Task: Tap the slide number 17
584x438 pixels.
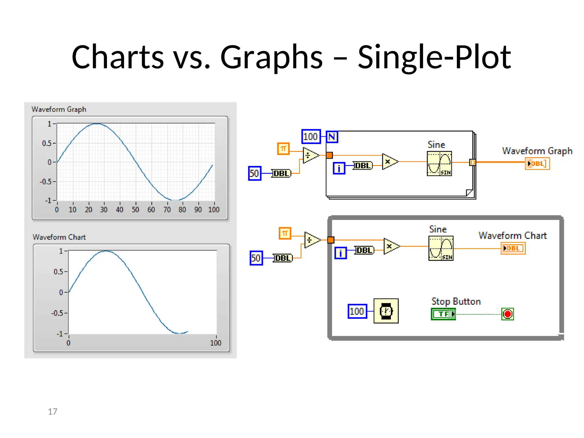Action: (x=52, y=411)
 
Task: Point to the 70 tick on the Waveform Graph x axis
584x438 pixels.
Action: (x=167, y=210)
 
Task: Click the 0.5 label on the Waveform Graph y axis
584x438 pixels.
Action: (x=47, y=143)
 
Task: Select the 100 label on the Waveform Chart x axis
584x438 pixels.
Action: (x=216, y=343)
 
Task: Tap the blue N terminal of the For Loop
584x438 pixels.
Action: (x=332, y=137)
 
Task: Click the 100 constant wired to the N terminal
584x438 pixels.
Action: (x=311, y=137)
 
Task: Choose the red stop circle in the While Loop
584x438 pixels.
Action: (x=508, y=314)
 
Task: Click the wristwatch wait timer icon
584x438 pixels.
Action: (x=386, y=311)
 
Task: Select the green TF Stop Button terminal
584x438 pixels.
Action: (x=443, y=314)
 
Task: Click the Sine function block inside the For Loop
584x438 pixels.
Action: (x=439, y=163)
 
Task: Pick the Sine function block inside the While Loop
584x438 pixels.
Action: (x=441, y=248)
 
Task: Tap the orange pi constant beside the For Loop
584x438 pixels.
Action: (x=283, y=149)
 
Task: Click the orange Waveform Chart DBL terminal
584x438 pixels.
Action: (x=513, y=248)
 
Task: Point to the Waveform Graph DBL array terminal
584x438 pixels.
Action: (x=537, y=164)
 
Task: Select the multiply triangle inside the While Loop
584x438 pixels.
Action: (x=391, y=246)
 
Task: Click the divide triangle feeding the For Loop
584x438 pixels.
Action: (x=310, y=155)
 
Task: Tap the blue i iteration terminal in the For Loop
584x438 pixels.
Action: (x=339, y=168)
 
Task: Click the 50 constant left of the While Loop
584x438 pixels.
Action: (x=256, y=258)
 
